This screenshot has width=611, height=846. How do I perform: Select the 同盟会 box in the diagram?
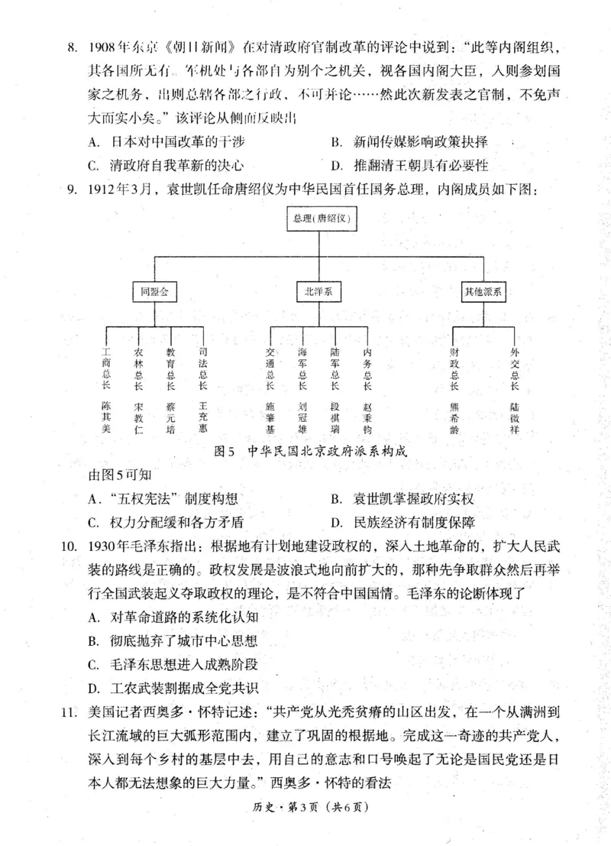(x=154, y=292)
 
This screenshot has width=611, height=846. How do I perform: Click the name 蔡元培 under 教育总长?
(x=170, y=416)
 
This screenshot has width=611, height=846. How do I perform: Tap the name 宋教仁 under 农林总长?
(x=138, y=416)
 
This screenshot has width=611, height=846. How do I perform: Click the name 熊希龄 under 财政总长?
(x=455, y=416)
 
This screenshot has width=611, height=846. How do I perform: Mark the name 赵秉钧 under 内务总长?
(x=367, y=416)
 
